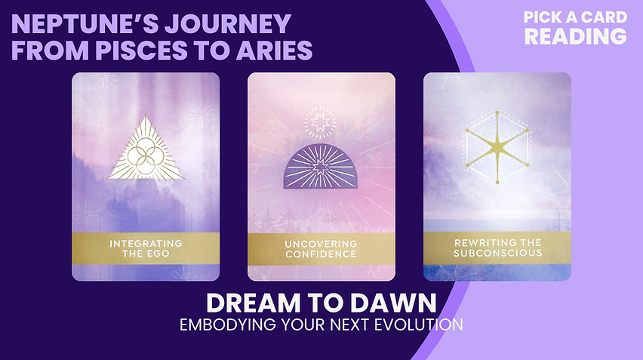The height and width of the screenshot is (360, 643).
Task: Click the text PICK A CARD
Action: point(576,17)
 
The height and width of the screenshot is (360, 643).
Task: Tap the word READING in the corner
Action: point(576,35)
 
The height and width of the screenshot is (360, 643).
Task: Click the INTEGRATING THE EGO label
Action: point(146,248)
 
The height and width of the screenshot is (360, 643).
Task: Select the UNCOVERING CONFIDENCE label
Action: point(321,249)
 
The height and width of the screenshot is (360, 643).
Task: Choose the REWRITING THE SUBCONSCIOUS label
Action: point(497,248)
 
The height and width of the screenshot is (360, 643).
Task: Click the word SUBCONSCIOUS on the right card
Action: point(497,253)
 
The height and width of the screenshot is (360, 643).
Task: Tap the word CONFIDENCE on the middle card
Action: point(321,254)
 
